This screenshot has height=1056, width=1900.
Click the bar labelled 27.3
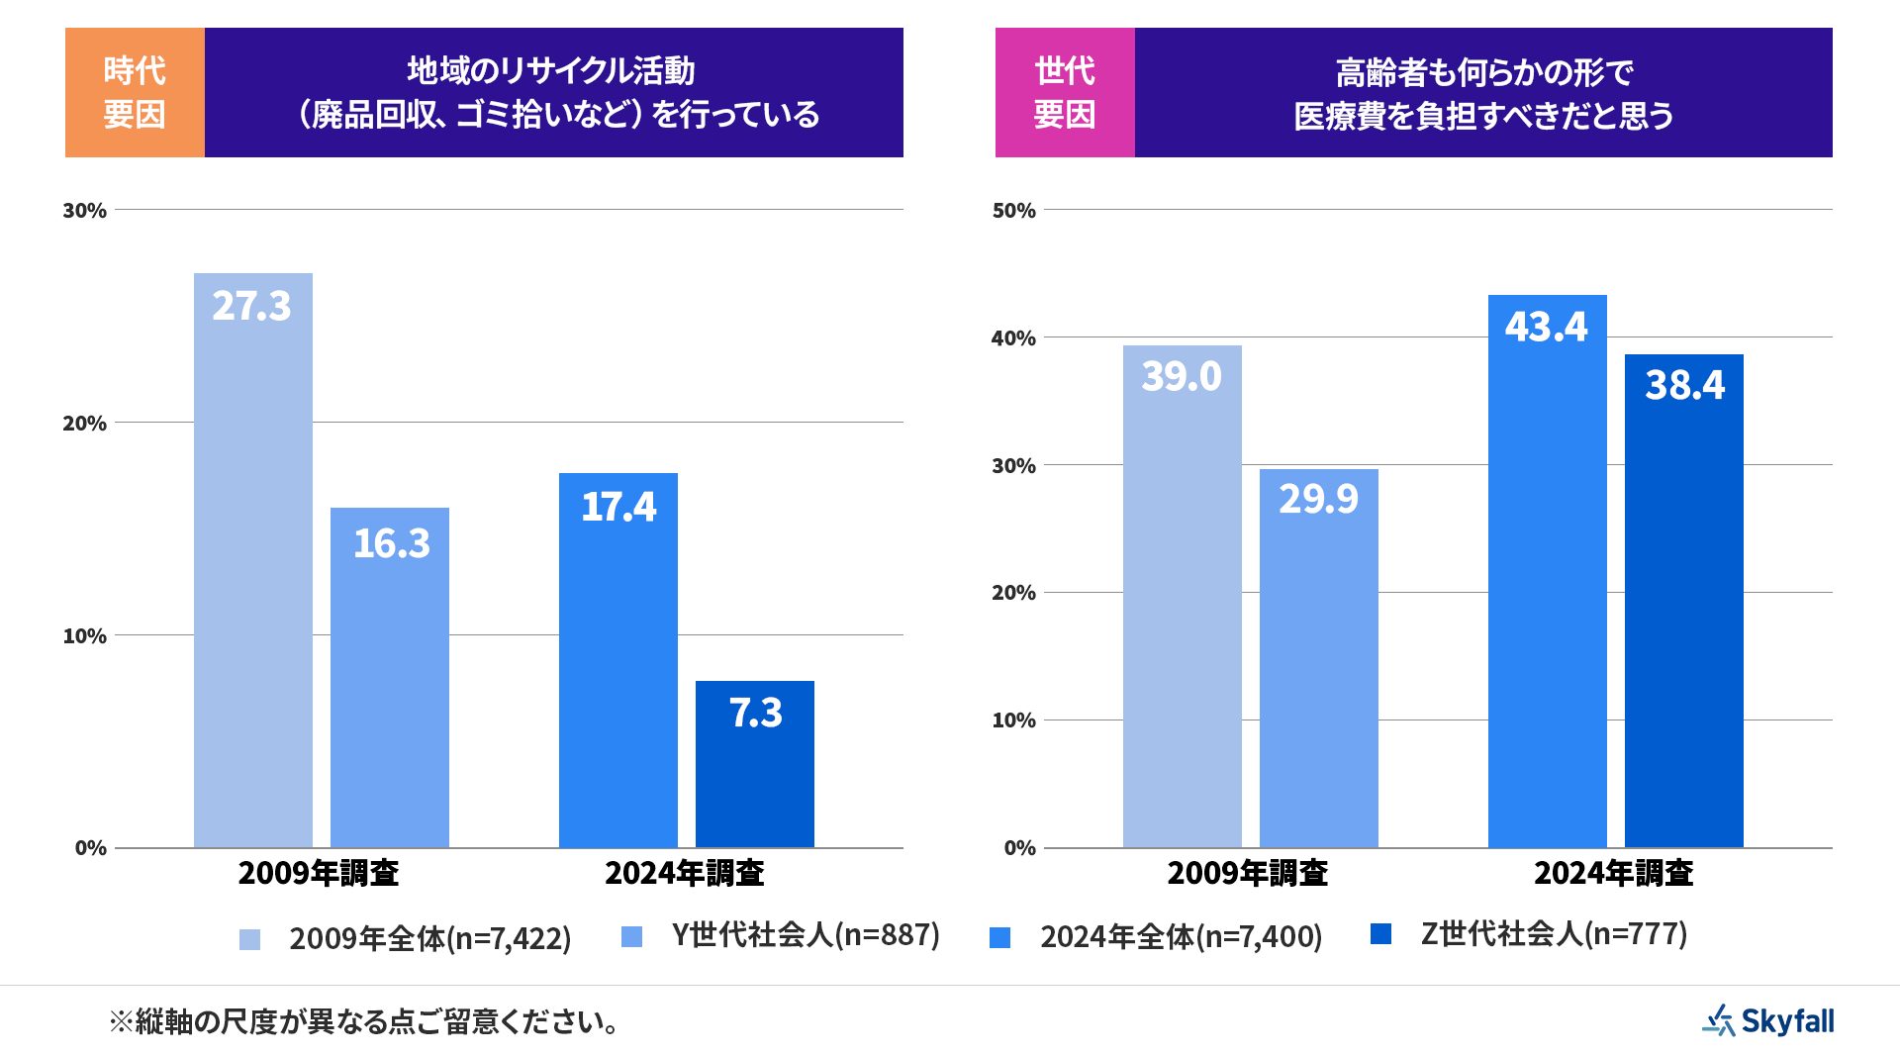[252, 559]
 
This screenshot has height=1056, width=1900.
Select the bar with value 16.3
[389, 677]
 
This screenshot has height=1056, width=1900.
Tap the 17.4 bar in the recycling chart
[617, 659]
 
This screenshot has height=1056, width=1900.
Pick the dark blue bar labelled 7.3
[754, 763]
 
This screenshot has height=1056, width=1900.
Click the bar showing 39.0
[1182, 596]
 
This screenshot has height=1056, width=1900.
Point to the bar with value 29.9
[1318, 657]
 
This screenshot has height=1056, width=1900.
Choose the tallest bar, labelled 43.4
[1547, 570]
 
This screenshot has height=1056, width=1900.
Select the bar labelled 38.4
[1683, 600]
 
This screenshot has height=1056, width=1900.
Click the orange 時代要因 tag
[135, 92]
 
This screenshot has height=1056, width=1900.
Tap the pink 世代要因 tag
[1065, 92]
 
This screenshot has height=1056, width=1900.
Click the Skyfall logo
[1767, 1020]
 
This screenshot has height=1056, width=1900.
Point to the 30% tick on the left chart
[84, 210]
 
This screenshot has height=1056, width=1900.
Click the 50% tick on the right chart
[1013, 210]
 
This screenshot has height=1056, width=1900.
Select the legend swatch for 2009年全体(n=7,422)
[249, 939]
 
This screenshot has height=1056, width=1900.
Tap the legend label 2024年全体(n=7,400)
[1181, 937]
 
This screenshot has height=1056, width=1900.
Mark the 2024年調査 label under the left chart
[684, 873]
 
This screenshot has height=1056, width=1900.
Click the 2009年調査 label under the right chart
[1247, 873]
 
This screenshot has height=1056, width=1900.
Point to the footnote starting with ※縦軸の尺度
[364, 1021]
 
